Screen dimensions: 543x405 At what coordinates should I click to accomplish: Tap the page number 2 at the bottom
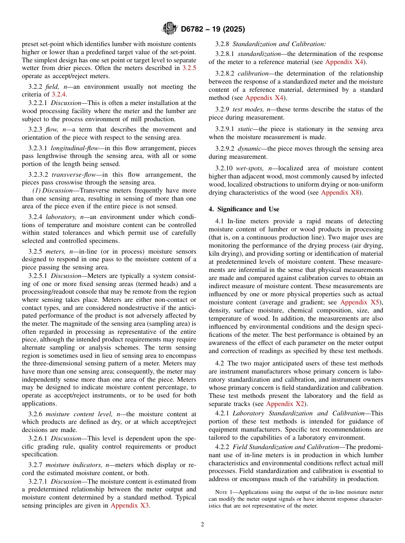202,525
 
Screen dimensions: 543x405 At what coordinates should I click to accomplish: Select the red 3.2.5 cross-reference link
189,68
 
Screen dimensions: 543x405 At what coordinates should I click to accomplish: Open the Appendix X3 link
130,505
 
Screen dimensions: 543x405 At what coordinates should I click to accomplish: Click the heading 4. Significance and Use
244,209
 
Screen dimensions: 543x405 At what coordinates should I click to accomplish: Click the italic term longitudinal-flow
75,148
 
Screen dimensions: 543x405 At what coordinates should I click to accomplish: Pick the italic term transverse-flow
73,175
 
